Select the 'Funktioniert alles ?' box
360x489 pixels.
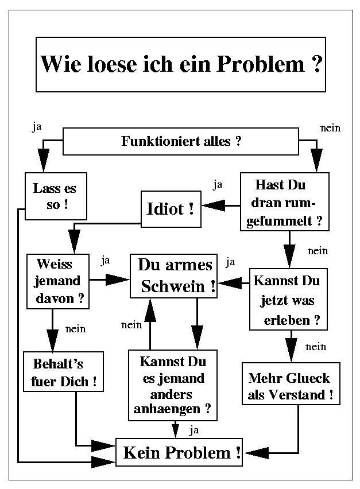click(x=181, y=141)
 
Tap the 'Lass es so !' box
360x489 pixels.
click(x=55, y=196)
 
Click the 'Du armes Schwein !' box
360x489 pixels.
click(x=174, y=275)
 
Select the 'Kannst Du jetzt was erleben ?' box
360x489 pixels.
click(x=288, y=299)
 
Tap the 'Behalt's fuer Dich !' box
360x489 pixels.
click(x=63, y=372)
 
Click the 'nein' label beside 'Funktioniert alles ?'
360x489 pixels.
click(x=330, y=128)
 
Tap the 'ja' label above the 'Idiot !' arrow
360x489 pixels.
click(x=218, y=185)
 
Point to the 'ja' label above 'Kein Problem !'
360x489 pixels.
click(x=194, y=429)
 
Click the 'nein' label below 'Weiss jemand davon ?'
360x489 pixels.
click(x=75, y=329)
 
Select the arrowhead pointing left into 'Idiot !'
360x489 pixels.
click(x=212, y=204)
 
